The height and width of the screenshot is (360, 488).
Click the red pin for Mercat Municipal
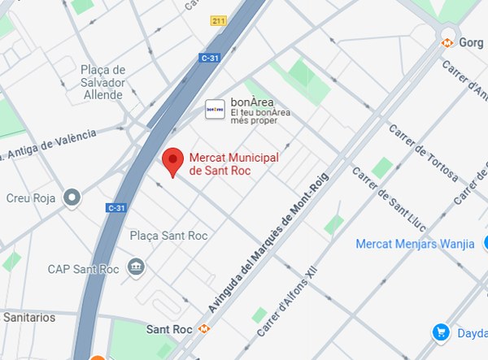[x=172, y=161]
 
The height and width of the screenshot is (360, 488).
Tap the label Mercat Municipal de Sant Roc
[x=233, y=164]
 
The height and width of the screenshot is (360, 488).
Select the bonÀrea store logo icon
[x=215, y=109]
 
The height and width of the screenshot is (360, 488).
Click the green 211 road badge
[x=218, y=20]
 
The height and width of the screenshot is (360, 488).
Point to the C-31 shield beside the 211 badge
[x=210, y=57]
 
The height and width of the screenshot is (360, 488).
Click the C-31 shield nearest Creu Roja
[x=115, y=208]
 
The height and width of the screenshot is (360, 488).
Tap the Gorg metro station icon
[x=447, y=42]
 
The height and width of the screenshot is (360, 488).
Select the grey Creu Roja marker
[x=73, y=197]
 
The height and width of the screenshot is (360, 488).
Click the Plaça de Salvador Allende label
[x=102, y=82]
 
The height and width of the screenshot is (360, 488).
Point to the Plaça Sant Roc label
[x=169, y=236]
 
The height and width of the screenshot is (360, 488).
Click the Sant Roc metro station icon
[x=204, y=329]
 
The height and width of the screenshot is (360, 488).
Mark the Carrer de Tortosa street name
[x=423, y=153]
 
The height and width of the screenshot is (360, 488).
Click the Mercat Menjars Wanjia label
[x=415, y=245]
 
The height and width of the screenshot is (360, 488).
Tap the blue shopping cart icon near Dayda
[x=441, y=332]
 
